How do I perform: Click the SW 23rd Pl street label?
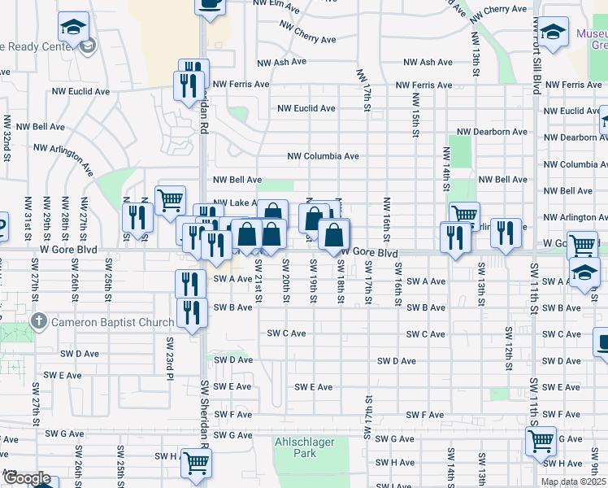(172, 357)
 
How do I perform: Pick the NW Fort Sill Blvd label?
(536, 61)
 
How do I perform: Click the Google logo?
(28, 478)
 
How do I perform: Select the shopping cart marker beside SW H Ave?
(197, 463)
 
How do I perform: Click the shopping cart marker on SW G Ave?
(541, 442)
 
